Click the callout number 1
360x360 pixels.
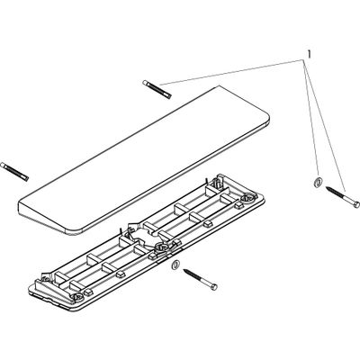pyautogui.click(x=309, y=54)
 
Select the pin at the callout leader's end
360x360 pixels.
pyautogui.click(x=157, y=89)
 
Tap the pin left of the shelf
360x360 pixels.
pyautogui.click(x=14, y=171)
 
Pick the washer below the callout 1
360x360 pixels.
pyautogui.click(x=318, y=181)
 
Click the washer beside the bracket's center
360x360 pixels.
pyautogui.click(x=175, y=265)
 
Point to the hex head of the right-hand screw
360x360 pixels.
pyautogui.click(x=356, y=204)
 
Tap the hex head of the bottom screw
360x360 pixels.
pyautogui.click(x=214, y=287)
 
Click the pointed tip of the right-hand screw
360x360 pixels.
pyautogui.click(x=326, y=188)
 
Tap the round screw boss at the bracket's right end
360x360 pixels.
pyautogui.click(x=250, y=198)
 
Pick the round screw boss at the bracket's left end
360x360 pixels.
pyautogui.click(x=77, y=297)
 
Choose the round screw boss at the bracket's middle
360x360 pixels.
pyautogui.click(x=160, y=247)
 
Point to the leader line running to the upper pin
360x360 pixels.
pyautogui.click(x=231, y=73)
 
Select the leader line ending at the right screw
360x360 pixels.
pyautogui.click(x=325, y=126)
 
